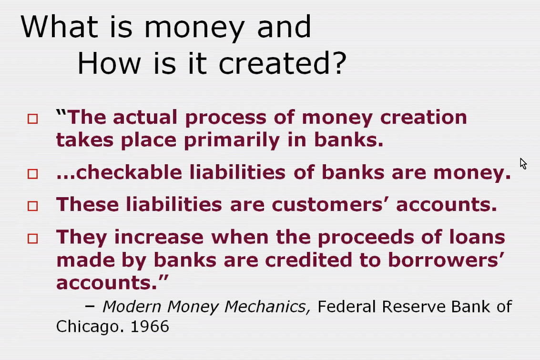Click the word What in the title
tap(59, 27)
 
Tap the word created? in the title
tap(283, 63)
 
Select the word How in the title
tap(109, 63)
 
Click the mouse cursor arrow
tap(523, 163)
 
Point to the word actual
tap(144, 117)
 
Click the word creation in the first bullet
tap(424, 117)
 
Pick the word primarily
tap(232, 140)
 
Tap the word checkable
tap(129, 172)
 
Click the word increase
tap(159, 237)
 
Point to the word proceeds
tap(366, 238)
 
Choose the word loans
tap(478, 237)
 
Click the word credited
tap(308, 260)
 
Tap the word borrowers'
tap(446, 260)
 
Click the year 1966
tap(150, 326)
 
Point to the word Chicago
tap(90, 326)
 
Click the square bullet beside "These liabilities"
tap(33, 206)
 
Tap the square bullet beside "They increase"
tap(33, 239)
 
